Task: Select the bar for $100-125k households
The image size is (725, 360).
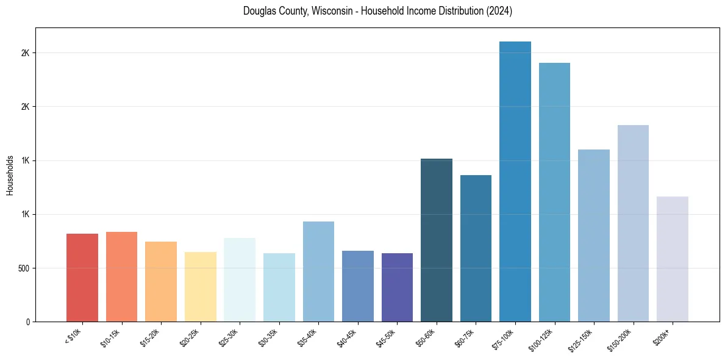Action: pos(554,192)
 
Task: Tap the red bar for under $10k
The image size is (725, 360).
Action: pos(82,278)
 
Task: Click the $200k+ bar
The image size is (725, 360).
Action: pos(673,259)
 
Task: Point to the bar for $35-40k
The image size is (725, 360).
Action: pos(318,272)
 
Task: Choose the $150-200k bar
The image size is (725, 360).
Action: pos(633,223)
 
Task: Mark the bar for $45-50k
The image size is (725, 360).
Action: pos(397,287)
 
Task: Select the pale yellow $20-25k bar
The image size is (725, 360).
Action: pos(201,287)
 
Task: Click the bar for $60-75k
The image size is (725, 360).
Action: pos(476,248)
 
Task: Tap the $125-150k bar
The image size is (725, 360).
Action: pos(594,236)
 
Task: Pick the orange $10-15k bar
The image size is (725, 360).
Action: pos(121,276)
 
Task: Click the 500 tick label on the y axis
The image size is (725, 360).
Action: pos(25,268)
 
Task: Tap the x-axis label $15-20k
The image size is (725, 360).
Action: pos(150,337)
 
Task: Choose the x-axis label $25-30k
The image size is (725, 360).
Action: pos(229,337)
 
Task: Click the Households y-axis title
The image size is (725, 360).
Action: pos(10,175)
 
